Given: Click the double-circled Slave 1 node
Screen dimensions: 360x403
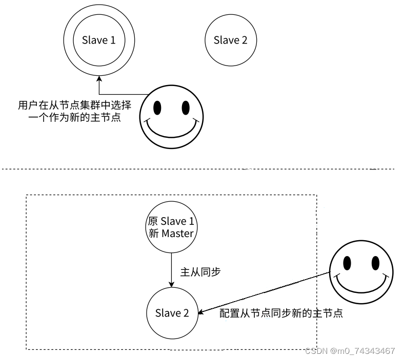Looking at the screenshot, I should (x=99, y=40).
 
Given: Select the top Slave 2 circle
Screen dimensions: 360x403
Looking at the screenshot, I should (x=230, y=40).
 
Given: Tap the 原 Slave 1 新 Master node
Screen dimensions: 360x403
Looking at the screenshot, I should (x=171, y=227).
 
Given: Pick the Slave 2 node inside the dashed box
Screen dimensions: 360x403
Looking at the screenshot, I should (x=172, y=313).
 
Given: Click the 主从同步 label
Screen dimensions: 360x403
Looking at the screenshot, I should (x=200, y=272).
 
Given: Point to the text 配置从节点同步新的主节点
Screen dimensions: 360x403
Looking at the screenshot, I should (x=281, y=313).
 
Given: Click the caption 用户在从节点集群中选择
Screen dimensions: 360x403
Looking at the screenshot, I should (x=75, y=105).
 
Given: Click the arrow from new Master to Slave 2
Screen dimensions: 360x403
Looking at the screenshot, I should (x=171, y=269).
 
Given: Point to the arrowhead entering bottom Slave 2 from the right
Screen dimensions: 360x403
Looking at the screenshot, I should (x=201, y=311).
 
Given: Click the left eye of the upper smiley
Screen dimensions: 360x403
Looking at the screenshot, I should (x=157, y=108).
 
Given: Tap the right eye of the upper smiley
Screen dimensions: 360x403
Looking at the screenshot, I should (x=185, y=108).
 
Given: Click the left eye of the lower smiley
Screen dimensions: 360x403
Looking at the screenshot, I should (x=347, y=262).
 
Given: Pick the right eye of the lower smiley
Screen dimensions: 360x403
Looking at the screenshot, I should (x=375, y=262).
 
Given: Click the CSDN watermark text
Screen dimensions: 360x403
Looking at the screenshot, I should (x=350, y=351).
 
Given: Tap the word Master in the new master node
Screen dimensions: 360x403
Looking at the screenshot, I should (x=178, y=234).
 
